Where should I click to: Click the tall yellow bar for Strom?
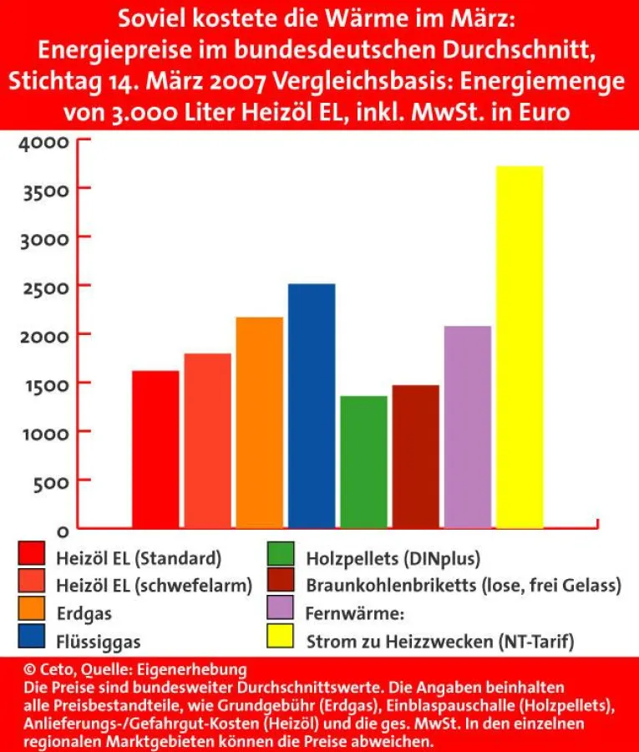tap(520, 347)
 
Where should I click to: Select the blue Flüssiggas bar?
tap(312, 406)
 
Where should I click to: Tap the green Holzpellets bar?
tap(363, 462)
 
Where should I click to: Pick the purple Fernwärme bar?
tap(467, 427)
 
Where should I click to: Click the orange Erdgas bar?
tap(259, 423)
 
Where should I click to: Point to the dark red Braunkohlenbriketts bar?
tap(415, 457)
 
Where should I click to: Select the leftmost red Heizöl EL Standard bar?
tap(155, 450)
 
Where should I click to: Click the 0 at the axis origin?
tap(60, 530)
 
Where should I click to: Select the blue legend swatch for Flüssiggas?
tap(32, 641)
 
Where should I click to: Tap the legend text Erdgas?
tap(84, 613)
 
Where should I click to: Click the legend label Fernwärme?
tap(355, 613)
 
